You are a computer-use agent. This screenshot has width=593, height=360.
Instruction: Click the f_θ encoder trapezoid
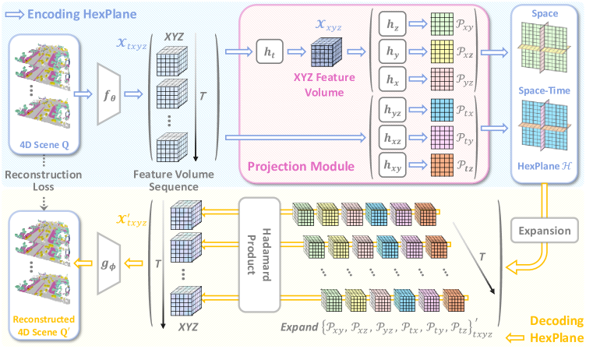109,95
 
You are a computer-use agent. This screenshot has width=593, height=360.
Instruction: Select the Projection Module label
299,166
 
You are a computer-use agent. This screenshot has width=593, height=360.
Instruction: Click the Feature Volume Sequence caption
178,182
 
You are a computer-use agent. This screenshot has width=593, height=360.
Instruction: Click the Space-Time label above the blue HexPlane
545,91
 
